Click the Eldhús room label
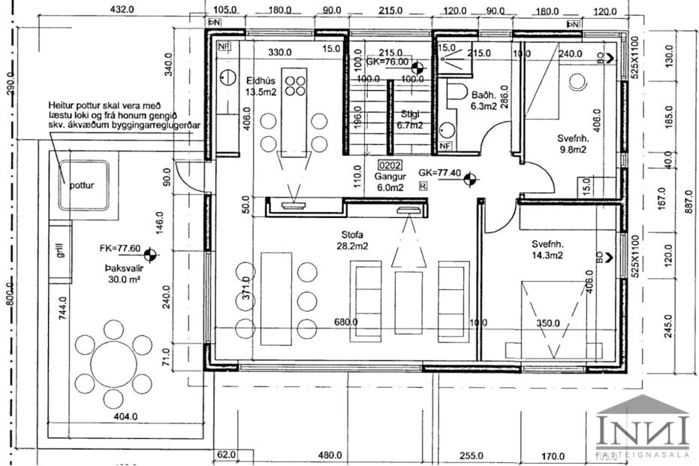[x=262, y=80]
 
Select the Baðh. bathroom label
[x=481, y=95]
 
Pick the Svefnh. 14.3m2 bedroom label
[x=549, y=244]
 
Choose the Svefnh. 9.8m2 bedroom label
[x=573, y=139]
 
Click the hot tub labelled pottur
[x=83, y=184]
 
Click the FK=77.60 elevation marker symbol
[x=150, y=256]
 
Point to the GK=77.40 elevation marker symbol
[x=471, y=179]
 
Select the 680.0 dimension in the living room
[x=345, y=322]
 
